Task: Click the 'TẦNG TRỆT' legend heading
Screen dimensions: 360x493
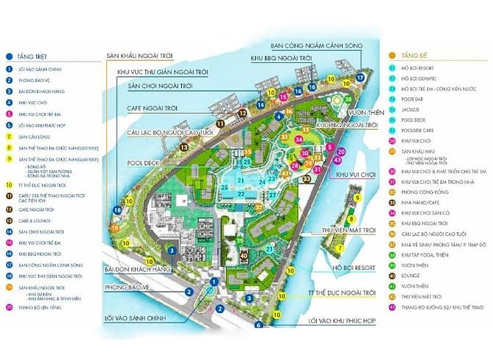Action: [x=27, y=55]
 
